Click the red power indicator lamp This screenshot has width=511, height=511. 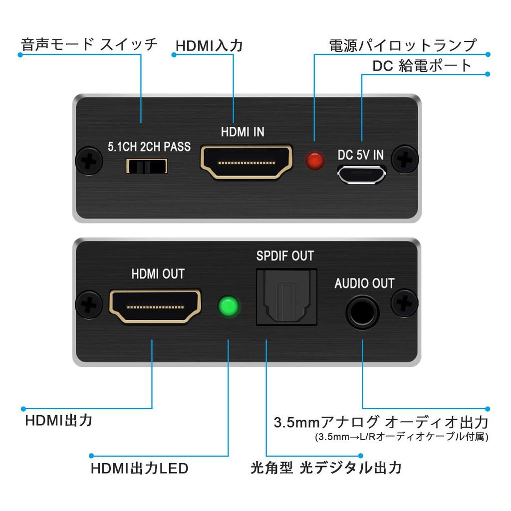point(314,161)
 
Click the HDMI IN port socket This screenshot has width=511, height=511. point(246,162)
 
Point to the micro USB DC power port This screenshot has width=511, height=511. point(361,174)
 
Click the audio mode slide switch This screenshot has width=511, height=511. point(146,166)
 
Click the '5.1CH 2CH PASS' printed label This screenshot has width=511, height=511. point(149,147)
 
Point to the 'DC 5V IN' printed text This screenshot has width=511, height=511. point(361,155)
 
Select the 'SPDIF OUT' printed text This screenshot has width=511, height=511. point(285,256)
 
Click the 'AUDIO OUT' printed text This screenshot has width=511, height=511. point(364,284)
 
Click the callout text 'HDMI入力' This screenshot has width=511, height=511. point(209,46)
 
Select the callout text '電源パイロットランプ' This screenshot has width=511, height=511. point(403,45)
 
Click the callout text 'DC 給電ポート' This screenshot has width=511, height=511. point(422,66)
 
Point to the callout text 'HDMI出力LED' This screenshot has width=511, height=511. point(139,469)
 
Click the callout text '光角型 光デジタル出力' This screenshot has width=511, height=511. point(326,468)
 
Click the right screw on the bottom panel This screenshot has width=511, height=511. point(404,303)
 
